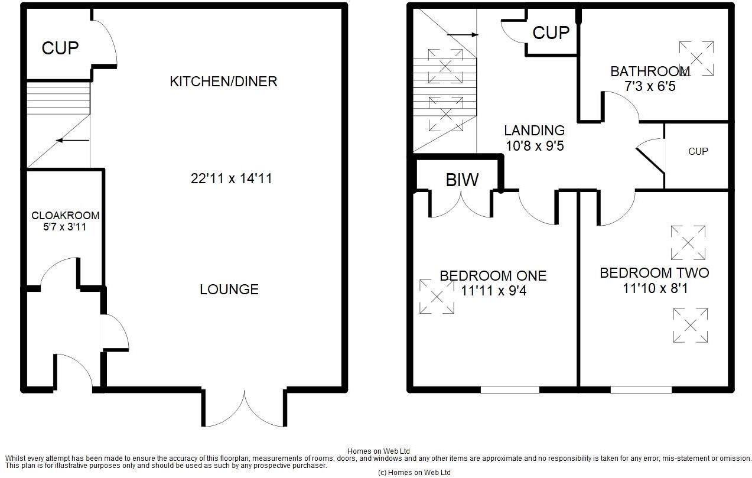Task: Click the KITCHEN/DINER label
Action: pyautogui.click(x=223, y=82)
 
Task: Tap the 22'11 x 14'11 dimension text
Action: pyautogui.click(x=231, y=178)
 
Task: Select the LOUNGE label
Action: pyautogui.click(x=229, y=290)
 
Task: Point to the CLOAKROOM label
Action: pyautogui.click(x=65, y=216)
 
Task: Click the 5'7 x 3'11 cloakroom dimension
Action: pyautogui.click(x=65, y=226)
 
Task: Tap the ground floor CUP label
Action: pyautogui.click(x=60, y=48)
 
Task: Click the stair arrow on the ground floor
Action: pyautogui.click(x=72, y=141)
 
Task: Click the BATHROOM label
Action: pyautogui.click(x=650, y=71)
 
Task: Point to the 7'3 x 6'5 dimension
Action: pyautogui.click(x=650, y=86)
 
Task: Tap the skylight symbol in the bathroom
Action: pyautogui.click(x=696, y=58)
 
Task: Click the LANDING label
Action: pyautogui.click(x=534, y=131)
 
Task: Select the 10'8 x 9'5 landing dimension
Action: pyautogui.click(x=535, y=145)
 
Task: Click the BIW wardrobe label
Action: pyautogui.click(x=462, y=180)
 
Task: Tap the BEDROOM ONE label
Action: pyautogui.click(x=493, y=276)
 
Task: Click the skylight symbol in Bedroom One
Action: pyautogui.click(x=437, y=297)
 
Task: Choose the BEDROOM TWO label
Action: pyautogui.click(x=654, y=273)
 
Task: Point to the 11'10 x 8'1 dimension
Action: pyautogui.click(x=654, y=288)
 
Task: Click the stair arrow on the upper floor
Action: pyautogui.click(x=463, y=35)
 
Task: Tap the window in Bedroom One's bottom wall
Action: pyautogui.click(x=510, y=389)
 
